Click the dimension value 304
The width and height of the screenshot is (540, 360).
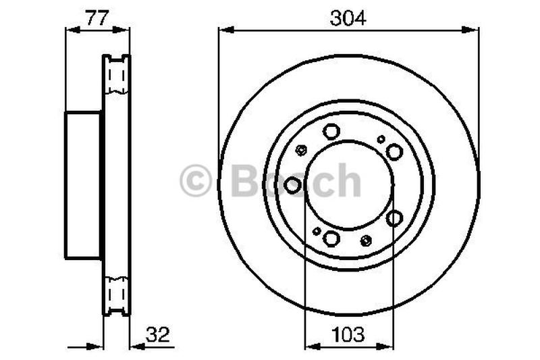348,18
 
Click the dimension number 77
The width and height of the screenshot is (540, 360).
97,18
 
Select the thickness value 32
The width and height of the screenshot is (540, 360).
158,334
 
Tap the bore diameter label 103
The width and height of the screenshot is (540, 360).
348,334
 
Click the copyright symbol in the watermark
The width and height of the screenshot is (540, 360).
195,180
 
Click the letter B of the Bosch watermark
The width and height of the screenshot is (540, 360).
246,180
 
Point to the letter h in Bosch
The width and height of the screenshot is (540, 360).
348,180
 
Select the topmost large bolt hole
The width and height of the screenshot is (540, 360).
331,131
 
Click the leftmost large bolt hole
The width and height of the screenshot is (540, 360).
292,185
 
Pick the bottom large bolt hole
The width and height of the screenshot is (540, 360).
331,238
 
